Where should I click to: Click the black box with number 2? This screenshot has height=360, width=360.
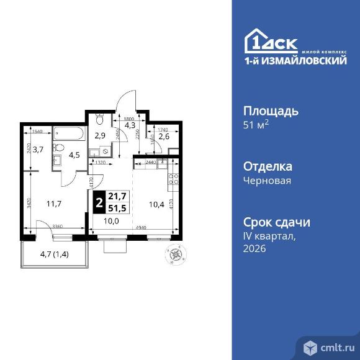click(98, 202)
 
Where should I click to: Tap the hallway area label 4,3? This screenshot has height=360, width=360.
click(129, 125)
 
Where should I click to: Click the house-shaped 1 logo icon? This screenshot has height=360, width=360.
click(256, 41)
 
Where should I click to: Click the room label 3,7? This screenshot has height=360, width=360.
click(38, 148)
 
